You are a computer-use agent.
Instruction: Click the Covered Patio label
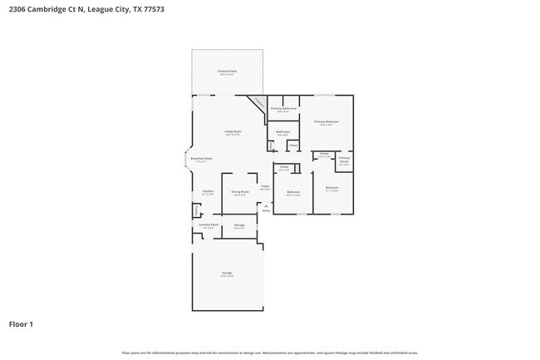pyautogui.click(x=227, y=72)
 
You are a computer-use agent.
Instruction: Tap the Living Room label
pyautogui.click(x=232, y=131)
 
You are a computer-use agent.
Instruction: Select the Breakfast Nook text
pyautogui.click(x=202, y=159)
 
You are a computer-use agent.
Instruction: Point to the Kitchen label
pyautogui.click(x=208, y=191)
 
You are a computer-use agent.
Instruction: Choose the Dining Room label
pyautogui.click(x=240, y=191)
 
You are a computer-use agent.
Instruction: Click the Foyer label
pyautogui.click(x=264, y=186)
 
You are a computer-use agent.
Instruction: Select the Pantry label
pyautogui.click(x=197, y=209)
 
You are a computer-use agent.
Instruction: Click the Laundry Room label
pyautogui.click(x=208, y=224)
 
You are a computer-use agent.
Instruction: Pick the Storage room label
pyautogui.click(x=238, y=224)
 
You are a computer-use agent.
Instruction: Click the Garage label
pyautogui.click(x=227, y=274)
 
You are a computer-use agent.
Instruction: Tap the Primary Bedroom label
pyautogui.click(x=326, y=121)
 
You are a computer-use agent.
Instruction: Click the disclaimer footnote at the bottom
pyautogui.click(x=270, y=353)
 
